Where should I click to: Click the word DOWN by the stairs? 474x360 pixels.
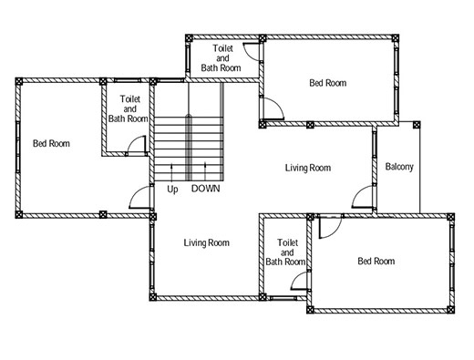click(205, 189)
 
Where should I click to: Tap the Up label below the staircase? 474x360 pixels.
click(172, 190)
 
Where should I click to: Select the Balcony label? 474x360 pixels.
click(399, 167)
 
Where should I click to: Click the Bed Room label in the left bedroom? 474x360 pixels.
click(51, 143)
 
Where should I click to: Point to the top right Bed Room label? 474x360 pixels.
click(328, 83)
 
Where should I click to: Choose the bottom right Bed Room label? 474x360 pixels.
click(376, 261)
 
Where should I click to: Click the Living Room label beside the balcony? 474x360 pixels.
click(308, 168)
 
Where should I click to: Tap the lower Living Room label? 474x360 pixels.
click(207, 242)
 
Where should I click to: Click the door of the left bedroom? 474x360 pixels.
click(139, 197)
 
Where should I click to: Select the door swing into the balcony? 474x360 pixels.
click(363, 197)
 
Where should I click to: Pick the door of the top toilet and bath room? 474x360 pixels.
click(252, 52)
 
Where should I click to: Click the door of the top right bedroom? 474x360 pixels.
click(273, 108)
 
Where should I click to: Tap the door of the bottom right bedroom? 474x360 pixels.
click(330, 227)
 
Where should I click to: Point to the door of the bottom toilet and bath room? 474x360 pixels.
click(299, 281)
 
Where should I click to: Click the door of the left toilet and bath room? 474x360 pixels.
click(137, 145)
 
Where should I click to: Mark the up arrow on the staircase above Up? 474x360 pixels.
click(172, 172)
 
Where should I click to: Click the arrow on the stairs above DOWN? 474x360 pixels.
click(205, 171)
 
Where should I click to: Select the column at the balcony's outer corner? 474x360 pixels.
click(417, 125)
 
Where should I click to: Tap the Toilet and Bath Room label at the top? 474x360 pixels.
click(222, 58)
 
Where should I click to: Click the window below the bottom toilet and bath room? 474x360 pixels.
click(283, 298)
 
